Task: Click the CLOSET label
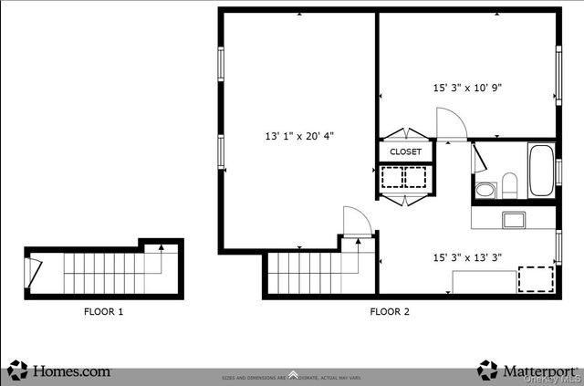click(405, 151)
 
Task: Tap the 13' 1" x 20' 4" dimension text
click(299, 136)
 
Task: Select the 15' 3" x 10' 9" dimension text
click(467, 89)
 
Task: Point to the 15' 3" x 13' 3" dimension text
click(467, 257)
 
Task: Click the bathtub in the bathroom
click(541, 171)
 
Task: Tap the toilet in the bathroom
click(510, 185)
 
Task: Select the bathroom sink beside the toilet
click(485, 190)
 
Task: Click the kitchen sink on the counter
click(514, 219)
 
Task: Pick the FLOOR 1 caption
click(103, 312)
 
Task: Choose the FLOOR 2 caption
click(390, 312)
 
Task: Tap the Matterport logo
click(527, 370)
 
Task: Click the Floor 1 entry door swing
click(34, 270)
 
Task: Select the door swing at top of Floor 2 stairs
click(357, 222)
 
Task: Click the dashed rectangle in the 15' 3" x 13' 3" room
click(536, 278)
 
